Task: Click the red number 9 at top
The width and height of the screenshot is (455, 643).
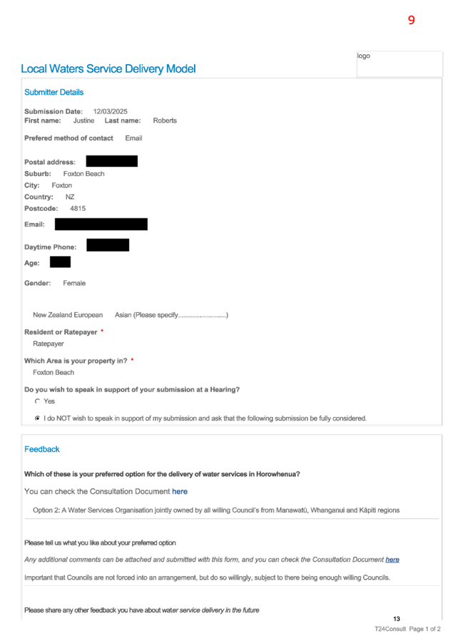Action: tap(411, 20)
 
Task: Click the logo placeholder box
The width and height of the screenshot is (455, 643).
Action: tap(399, 64)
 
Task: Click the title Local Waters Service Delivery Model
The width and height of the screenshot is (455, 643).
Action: tap(108, 69)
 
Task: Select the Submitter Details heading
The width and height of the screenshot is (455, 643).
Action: tap(53, 92)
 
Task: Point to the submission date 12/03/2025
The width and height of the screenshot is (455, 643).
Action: tap(111, 111)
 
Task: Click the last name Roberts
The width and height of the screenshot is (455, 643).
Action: tap(165, 120)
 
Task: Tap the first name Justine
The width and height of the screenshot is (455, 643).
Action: tap(83, 120)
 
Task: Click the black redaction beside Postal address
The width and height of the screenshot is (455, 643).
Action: tap(111, 161)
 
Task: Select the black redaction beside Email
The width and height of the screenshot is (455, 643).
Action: tap(101, 225)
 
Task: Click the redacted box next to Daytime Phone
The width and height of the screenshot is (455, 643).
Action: tap(108, 245)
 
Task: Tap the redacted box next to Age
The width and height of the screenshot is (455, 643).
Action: tap(61, 262)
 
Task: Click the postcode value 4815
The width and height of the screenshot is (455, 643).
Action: tap(78, 209)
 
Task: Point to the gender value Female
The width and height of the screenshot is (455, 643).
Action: tap(74, 284)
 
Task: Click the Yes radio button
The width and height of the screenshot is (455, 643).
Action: tap(37, 401)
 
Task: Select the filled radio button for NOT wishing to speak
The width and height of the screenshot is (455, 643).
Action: tap(37, 418)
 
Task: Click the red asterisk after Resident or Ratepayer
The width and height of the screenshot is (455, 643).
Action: tap(102, 331)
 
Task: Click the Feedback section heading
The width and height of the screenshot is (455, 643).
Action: tap(42, 449)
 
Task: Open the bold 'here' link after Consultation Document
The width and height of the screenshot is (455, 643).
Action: tap(180, 492)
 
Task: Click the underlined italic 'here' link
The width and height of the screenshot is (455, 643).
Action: tap(392, 560)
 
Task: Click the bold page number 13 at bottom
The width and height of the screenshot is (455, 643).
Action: tap(397, 619)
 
